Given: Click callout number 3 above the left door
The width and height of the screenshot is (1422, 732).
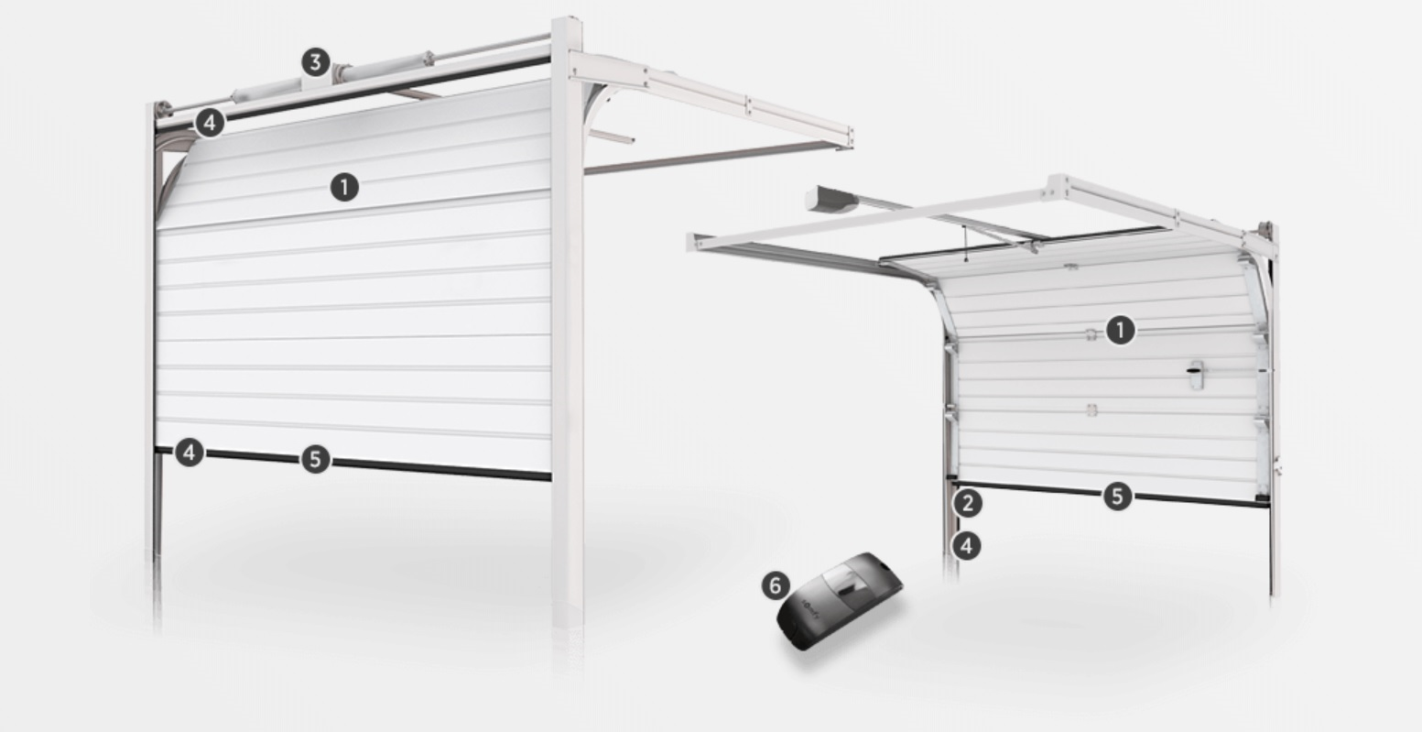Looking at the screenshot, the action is click(x=316, y=62).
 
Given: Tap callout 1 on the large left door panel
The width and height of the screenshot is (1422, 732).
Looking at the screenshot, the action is click(x=344, y=188).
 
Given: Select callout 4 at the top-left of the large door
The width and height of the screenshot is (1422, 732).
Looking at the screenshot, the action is click(x=210, y=122).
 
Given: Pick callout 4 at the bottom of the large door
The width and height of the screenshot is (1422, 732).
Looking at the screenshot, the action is click(x=190, y=453).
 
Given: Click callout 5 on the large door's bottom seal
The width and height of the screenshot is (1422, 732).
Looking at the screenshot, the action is click(x=316, y=459).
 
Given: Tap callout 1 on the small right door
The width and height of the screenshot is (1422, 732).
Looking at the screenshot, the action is click(x=1121, y=330).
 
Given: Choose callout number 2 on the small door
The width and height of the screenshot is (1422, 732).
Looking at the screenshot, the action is click(x=968, y=503).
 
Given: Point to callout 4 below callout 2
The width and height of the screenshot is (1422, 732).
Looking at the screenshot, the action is click(x=966, y=546).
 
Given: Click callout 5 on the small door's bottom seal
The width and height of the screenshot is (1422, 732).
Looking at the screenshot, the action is click(x=1118, y=496).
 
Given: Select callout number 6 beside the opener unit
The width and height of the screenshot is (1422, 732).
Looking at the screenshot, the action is click(x=776, y=585).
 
